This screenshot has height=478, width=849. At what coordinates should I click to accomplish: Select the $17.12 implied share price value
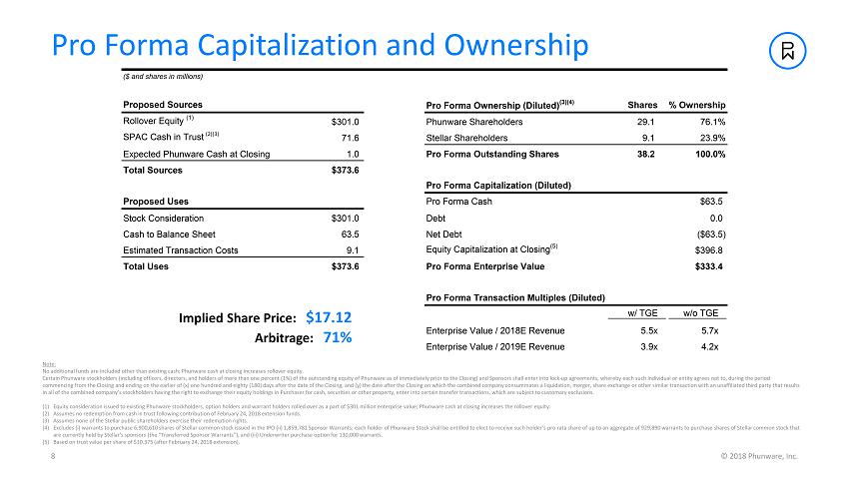pyautogui.click(x=329, y=317)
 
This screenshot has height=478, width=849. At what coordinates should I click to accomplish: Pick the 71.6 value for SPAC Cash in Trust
pyautogui.click(x=350, y=138)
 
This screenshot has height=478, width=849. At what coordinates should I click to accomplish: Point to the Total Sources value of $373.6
pyautogui.click(x=344, y=170)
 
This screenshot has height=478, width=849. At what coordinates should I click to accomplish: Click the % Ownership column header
pyautogui.click(x=696, y=105)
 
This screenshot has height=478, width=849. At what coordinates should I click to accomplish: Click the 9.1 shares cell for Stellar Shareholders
pyautogui.click(x=647, y=138)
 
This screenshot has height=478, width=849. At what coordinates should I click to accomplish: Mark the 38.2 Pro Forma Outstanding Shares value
pyautogui.click(x=645, y=154)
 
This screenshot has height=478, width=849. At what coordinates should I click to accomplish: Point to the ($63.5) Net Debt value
pyautogui.click(x=707, y=235)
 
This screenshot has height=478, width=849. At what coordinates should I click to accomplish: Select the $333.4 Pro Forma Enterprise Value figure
pyautogui.click(x=707, y=266)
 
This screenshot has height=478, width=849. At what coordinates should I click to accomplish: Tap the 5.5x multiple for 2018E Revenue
pyautogui.click(x=648, y=330)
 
